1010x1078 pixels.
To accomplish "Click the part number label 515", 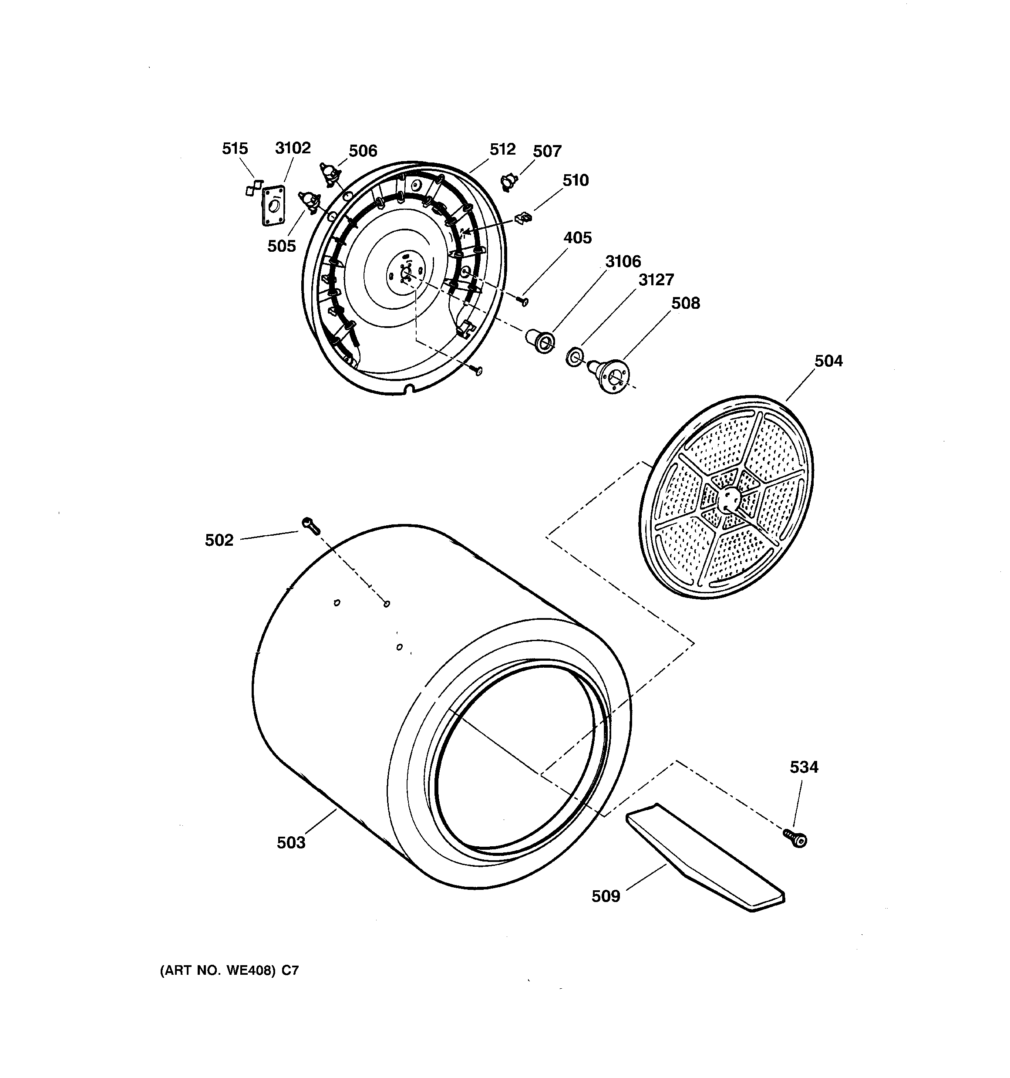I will tap(235, 149).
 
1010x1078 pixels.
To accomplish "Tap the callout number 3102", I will tap(293, 148).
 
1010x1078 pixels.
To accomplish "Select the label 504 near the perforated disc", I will tap(828, 361).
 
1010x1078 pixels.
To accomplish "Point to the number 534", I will tap(804, 767).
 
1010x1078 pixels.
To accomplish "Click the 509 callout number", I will tap(606, 896).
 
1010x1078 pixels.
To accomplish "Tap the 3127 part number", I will tap(656, 280).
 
